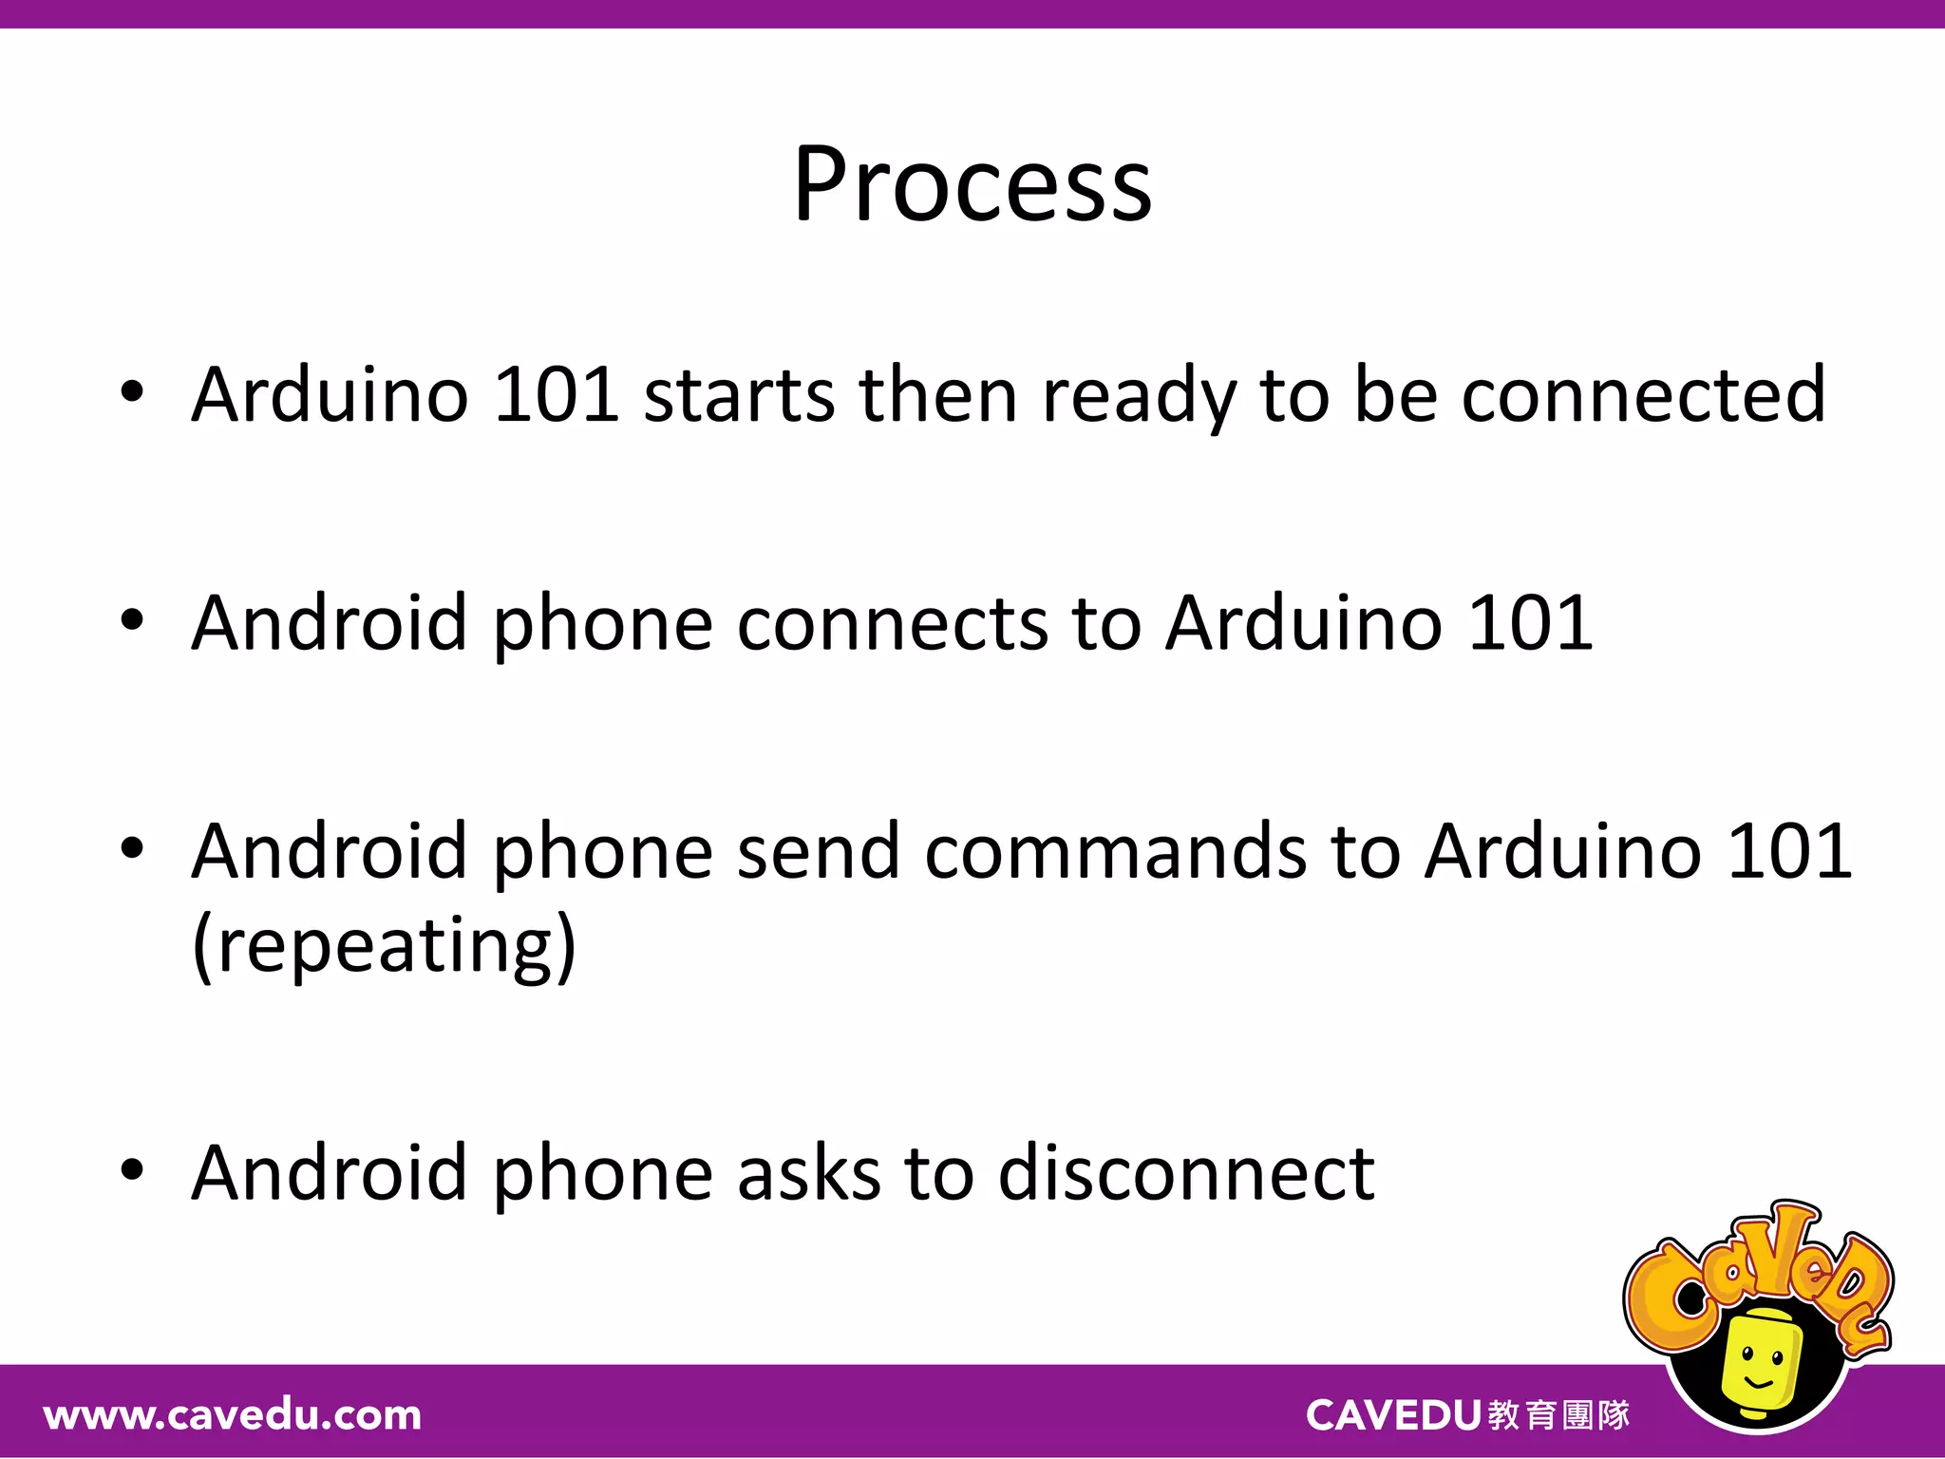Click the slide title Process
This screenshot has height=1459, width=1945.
coord(972,185)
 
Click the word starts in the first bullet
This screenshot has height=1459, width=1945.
coord(739,395)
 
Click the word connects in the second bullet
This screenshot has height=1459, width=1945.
coord(892,625)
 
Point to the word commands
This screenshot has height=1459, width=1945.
coord(1116,852)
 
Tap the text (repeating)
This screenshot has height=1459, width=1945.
coord(384,946)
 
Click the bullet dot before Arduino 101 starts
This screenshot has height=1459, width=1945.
coord(132,391)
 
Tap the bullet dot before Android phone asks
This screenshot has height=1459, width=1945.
coord(132,1170)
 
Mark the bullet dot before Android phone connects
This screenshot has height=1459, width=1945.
coord(132,620)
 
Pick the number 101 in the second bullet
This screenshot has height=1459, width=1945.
coord(1529,625)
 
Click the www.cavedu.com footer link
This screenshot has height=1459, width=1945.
coord(233,1415)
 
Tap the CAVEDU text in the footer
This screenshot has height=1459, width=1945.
coord(1392,1415)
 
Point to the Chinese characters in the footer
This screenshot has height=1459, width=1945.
coord(1558,1415)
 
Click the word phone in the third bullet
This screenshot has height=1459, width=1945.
coord(602,852)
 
